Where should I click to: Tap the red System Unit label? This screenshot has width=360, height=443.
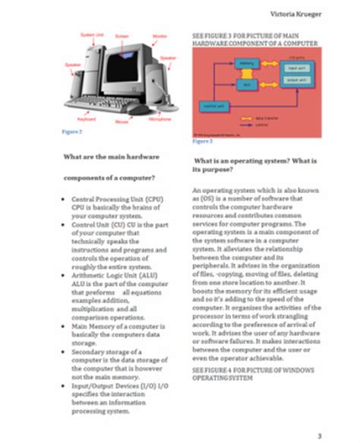click(x=92, y=35)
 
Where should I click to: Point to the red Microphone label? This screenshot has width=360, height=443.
click(x=159, y=119)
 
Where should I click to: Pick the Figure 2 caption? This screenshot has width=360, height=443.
click(x=71, y=132)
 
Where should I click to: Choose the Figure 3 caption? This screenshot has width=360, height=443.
click(x=202, y=141)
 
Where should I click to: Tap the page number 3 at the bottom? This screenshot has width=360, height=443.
click(x=320, y=435)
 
